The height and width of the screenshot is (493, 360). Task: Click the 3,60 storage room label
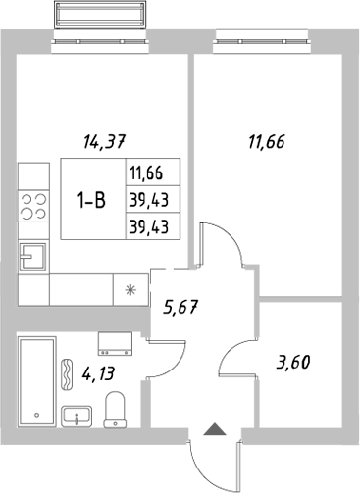click(x=294, y=363)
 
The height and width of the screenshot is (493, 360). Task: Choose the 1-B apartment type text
click(x=92, y=200)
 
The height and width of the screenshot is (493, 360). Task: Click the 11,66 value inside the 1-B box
click(x=144, y=174)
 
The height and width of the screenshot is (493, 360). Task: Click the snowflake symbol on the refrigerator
click(x=129, y=289)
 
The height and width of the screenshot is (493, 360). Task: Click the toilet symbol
click(x=115, y=408)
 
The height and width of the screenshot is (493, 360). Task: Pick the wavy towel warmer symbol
click(x=67, y=373)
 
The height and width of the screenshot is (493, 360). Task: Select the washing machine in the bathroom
click(x=117, y=342)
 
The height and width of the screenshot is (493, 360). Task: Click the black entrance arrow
click(x=212, y=428)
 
